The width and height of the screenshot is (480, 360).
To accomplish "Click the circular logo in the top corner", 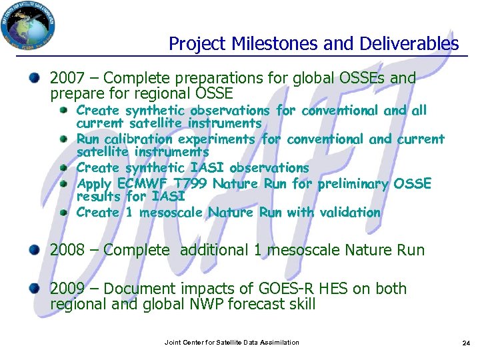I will [29, 27].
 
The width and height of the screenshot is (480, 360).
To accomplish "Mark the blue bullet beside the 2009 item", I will [33, 288].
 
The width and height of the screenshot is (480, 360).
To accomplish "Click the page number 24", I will [466, 343].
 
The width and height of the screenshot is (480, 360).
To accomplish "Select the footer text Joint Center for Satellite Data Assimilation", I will [231, 342].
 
